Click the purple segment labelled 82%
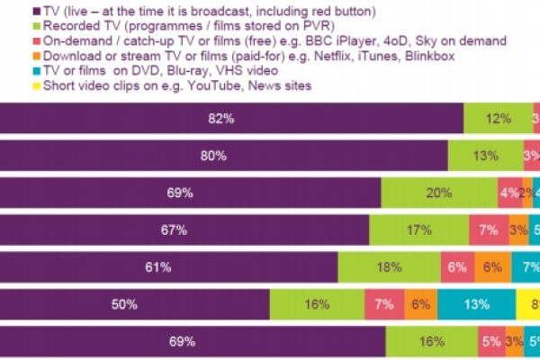tap(231, 118)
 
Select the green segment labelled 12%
tap(493, 118)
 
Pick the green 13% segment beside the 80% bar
tap(486, 155)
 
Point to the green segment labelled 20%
tap(439, 193)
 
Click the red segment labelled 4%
tap(509, 193)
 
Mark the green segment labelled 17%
tap(418, 230)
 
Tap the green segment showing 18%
tap(389, 267)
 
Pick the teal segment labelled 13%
tap(477, 305)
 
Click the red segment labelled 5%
tap(490, 342)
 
